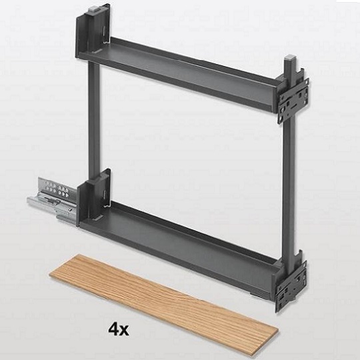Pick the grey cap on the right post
click(x=290, y=57)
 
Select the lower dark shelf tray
click(x=179, y=248)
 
